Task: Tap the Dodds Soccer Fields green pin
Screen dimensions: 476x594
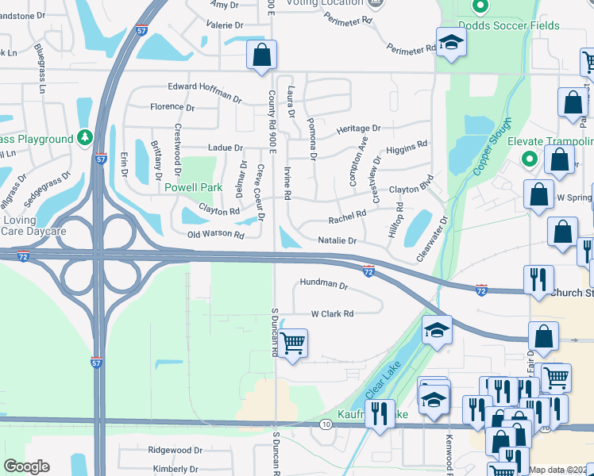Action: click(480, 7)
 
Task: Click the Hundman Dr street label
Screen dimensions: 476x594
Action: click(324, 283)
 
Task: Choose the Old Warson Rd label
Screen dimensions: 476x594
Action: click(216, 234)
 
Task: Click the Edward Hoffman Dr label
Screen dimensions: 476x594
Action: click(204, 92)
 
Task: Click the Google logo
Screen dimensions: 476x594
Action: click(26, 466)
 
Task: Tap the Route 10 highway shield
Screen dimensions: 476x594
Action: click(326, 425)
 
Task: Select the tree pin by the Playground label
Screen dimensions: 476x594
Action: click(85, 139)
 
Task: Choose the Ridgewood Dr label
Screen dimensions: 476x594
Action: click(175, 450)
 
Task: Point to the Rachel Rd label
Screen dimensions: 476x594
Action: click(347, 213)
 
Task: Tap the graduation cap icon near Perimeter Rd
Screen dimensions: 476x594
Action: click(450, 43)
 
